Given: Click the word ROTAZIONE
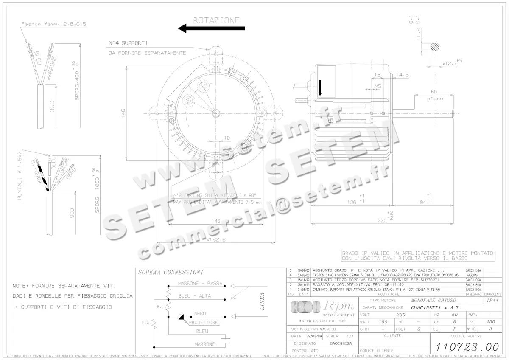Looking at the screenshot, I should click(x=216, y=20).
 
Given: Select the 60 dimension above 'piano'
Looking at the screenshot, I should click(x=433, y=92).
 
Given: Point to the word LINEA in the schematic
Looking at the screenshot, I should click(x=262, y=302).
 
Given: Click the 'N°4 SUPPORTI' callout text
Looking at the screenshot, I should click(x=128, y=43).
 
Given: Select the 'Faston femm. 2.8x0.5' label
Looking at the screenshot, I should click(x=54, y=24).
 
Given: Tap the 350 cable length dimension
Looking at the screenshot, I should click(x=52, y=106).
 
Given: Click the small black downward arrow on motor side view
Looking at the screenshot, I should click(x=320, y=87).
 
